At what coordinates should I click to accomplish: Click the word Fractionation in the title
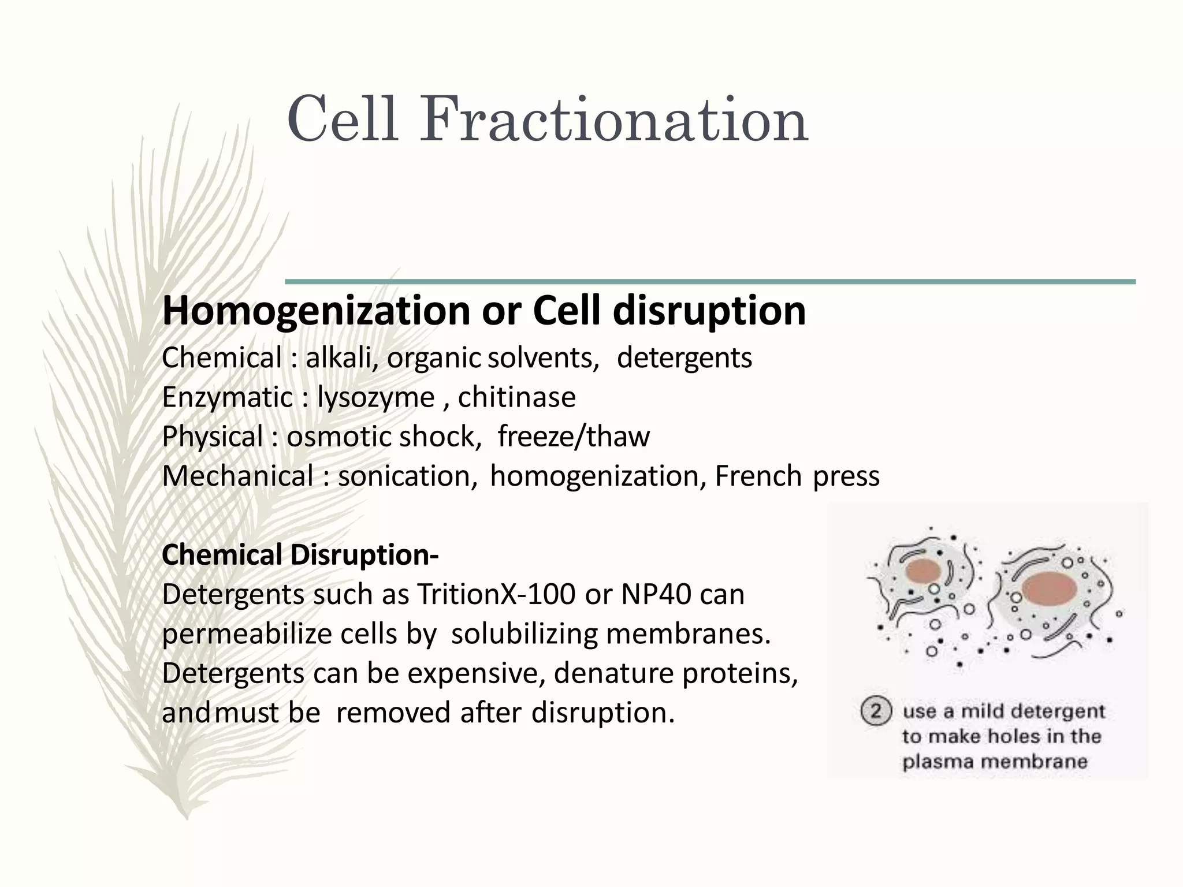point(613,120)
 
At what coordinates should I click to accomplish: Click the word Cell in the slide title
point(342,120)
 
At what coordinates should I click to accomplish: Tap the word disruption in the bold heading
point(709,311)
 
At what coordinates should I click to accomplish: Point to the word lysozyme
point(375,398)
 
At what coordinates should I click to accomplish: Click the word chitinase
point(516,397)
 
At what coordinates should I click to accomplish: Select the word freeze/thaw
point(573,437)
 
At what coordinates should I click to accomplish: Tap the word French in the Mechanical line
point(758,476)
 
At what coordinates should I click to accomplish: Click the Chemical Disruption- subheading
point(300,555)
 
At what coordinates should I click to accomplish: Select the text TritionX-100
point(496,594)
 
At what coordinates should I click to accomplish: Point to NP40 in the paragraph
point(656,594)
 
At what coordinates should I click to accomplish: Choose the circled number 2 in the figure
point(876,711)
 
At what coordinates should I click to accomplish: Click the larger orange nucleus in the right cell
point(1049,589)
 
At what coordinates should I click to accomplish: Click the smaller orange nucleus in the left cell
point(924,572)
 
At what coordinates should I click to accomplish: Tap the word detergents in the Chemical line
point(684,358)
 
